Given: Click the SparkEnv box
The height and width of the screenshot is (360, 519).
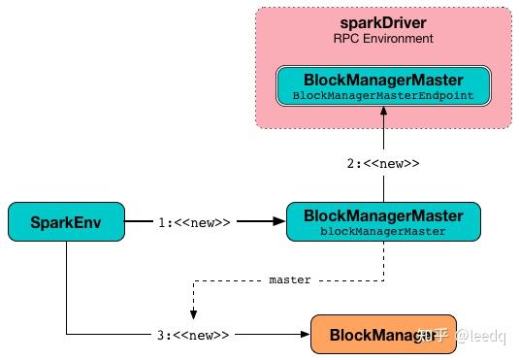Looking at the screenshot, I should click(66, 222).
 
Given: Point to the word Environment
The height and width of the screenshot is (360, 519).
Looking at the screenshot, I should click(398, 39).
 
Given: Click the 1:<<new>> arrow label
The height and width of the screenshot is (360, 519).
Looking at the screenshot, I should click(194, 222).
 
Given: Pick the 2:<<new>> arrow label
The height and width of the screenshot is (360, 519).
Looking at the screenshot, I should click(384, 163).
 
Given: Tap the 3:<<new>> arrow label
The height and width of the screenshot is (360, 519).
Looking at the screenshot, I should click(194, 335).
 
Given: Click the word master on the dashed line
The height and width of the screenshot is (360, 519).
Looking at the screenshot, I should click(290, 279).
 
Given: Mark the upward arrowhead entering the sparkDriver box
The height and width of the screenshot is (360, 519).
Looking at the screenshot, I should click(384, 113).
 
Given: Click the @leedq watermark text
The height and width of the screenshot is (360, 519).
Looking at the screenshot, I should click(481, 336).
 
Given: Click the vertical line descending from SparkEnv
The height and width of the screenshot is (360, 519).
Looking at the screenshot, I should click(66, 291).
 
